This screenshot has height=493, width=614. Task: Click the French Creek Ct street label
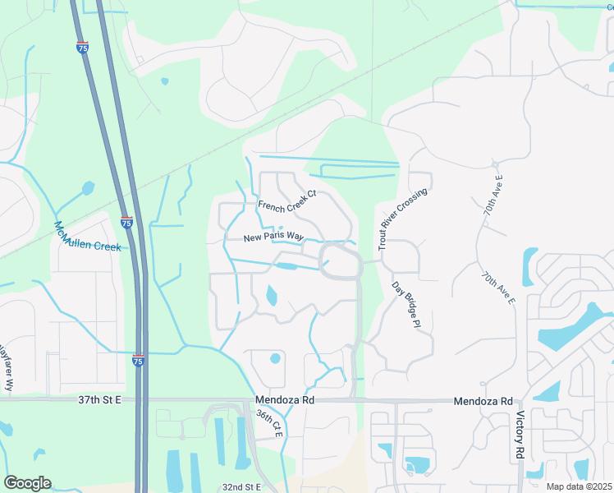pyautogui.click(x=286, y=200)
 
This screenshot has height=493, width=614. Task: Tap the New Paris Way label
pyautogui.click(x=268, y=237)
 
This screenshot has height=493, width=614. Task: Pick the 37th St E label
pyautogui.click(x=99, y=399)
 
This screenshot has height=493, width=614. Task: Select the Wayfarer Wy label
pyautogui.click(x=7, y=366)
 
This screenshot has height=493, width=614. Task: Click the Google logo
pyautogui.click(x=27, y=483)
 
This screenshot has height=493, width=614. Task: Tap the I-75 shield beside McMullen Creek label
pyautogui.click(x=126, y=222)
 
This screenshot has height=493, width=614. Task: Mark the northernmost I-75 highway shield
pyautogui.click(x=82, y=48)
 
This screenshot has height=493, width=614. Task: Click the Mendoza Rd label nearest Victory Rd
pyautogui.click(x=483, y=400)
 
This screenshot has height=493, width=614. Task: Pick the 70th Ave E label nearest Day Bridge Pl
pyautogui.click(x=498, y=287)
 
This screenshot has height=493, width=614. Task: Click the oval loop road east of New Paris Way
pyautogui.click(x=340, y=260)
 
